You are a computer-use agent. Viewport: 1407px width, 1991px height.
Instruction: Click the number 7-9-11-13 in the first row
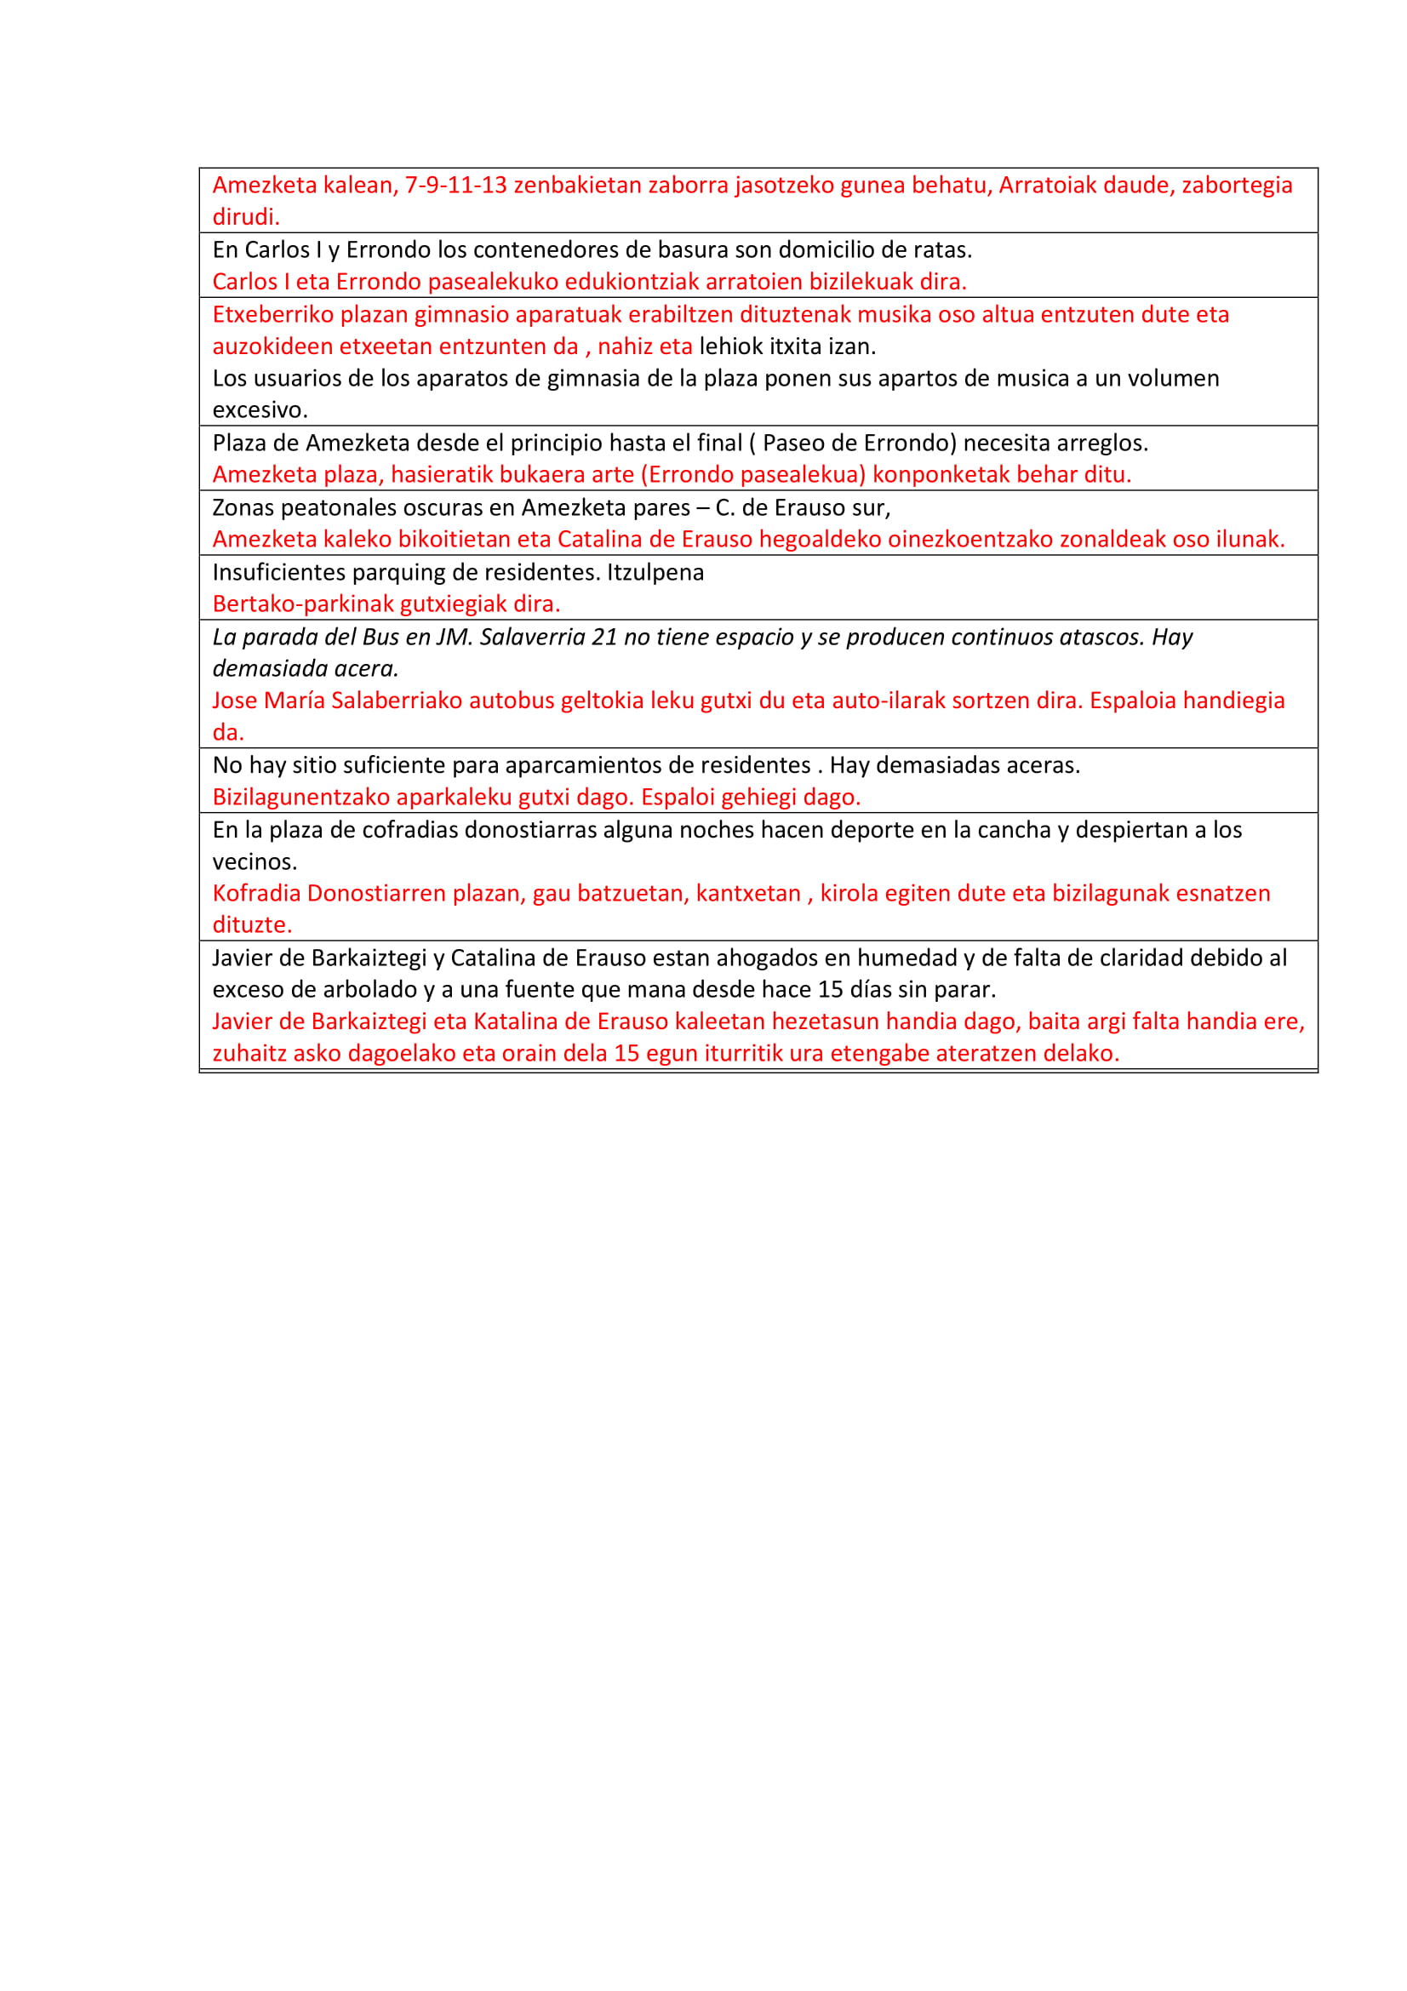pos(456,185)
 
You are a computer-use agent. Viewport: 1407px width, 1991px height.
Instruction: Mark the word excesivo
pos(260,410)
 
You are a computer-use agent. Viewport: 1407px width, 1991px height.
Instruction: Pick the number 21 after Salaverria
pos(604,638)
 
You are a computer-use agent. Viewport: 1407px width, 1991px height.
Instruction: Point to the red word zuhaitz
pos(249,1054)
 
